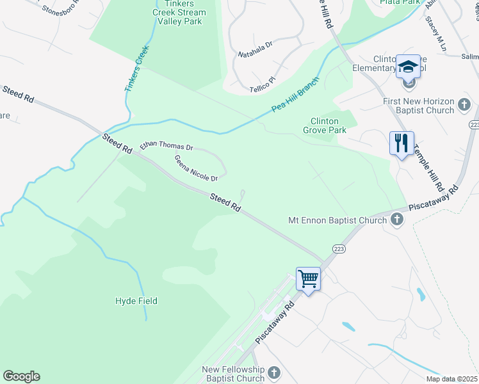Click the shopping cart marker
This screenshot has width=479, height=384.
pyautogui.click(x=309, y=279)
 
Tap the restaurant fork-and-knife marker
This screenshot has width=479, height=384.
pyautogui.click(x=402, y=143)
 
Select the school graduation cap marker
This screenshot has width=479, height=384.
pyautogui.click(x=408, y=67)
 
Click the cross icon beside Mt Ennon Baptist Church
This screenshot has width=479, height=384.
pyautogui.click(x=396, y=220)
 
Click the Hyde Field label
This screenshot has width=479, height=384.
pyautogui.click(x=136, y=301)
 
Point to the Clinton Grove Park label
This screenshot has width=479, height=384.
pyautogui.click(x=328, y=125)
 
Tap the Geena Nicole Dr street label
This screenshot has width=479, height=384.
pyautogui.click(x=197, y=168)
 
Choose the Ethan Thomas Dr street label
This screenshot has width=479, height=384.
pyautogui.click(x=166, y=146)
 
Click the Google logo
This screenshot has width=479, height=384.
pyautogui.click(x=21, y=376)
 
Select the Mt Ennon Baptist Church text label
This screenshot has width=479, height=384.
pyautogui.click(x=337, y=221)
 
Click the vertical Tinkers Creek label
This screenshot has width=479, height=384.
pyautogui.click(x=136, y=68)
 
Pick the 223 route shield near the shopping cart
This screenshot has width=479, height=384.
pyautogui.click(x=339, y=248)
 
